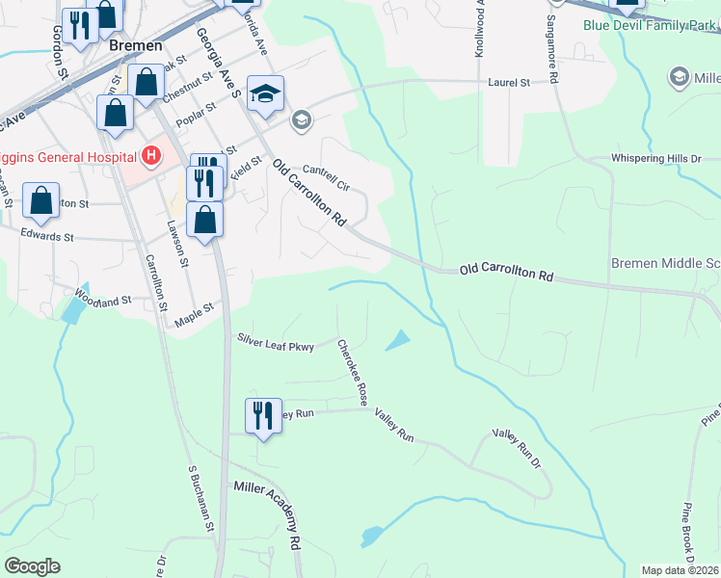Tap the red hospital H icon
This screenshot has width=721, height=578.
point(150,154)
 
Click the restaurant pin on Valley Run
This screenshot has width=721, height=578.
point(263,416)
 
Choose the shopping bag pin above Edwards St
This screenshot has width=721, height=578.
point(205,220)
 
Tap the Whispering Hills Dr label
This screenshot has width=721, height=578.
point(665,158)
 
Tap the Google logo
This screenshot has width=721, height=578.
point(32,566)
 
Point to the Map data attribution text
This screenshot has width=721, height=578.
point(680,570)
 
